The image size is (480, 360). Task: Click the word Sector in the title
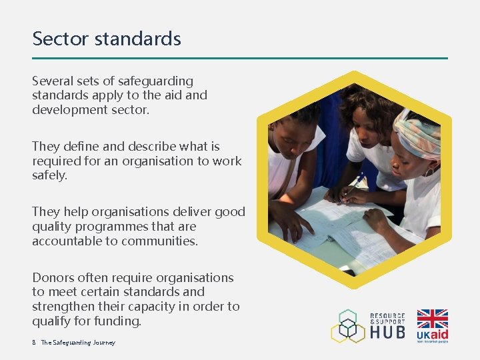pyautogui.click(x=61, y=39)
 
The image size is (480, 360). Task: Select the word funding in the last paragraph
pyautogui.click(x=120, y=321)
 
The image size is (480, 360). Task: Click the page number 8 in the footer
pyautogui.click(x=34, y=343)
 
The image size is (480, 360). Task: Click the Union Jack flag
pyautogui.click(x=432, y=318)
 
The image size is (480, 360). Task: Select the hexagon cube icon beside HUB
pyautogui.click(x=349, y=327)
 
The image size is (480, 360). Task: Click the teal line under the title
pyautogui.click(x=240, y=58)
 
